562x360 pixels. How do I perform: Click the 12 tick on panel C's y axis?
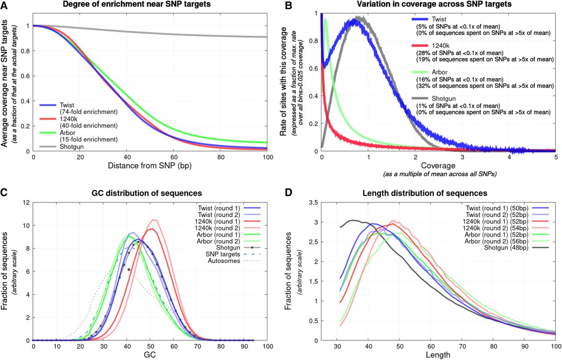(26, 203)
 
